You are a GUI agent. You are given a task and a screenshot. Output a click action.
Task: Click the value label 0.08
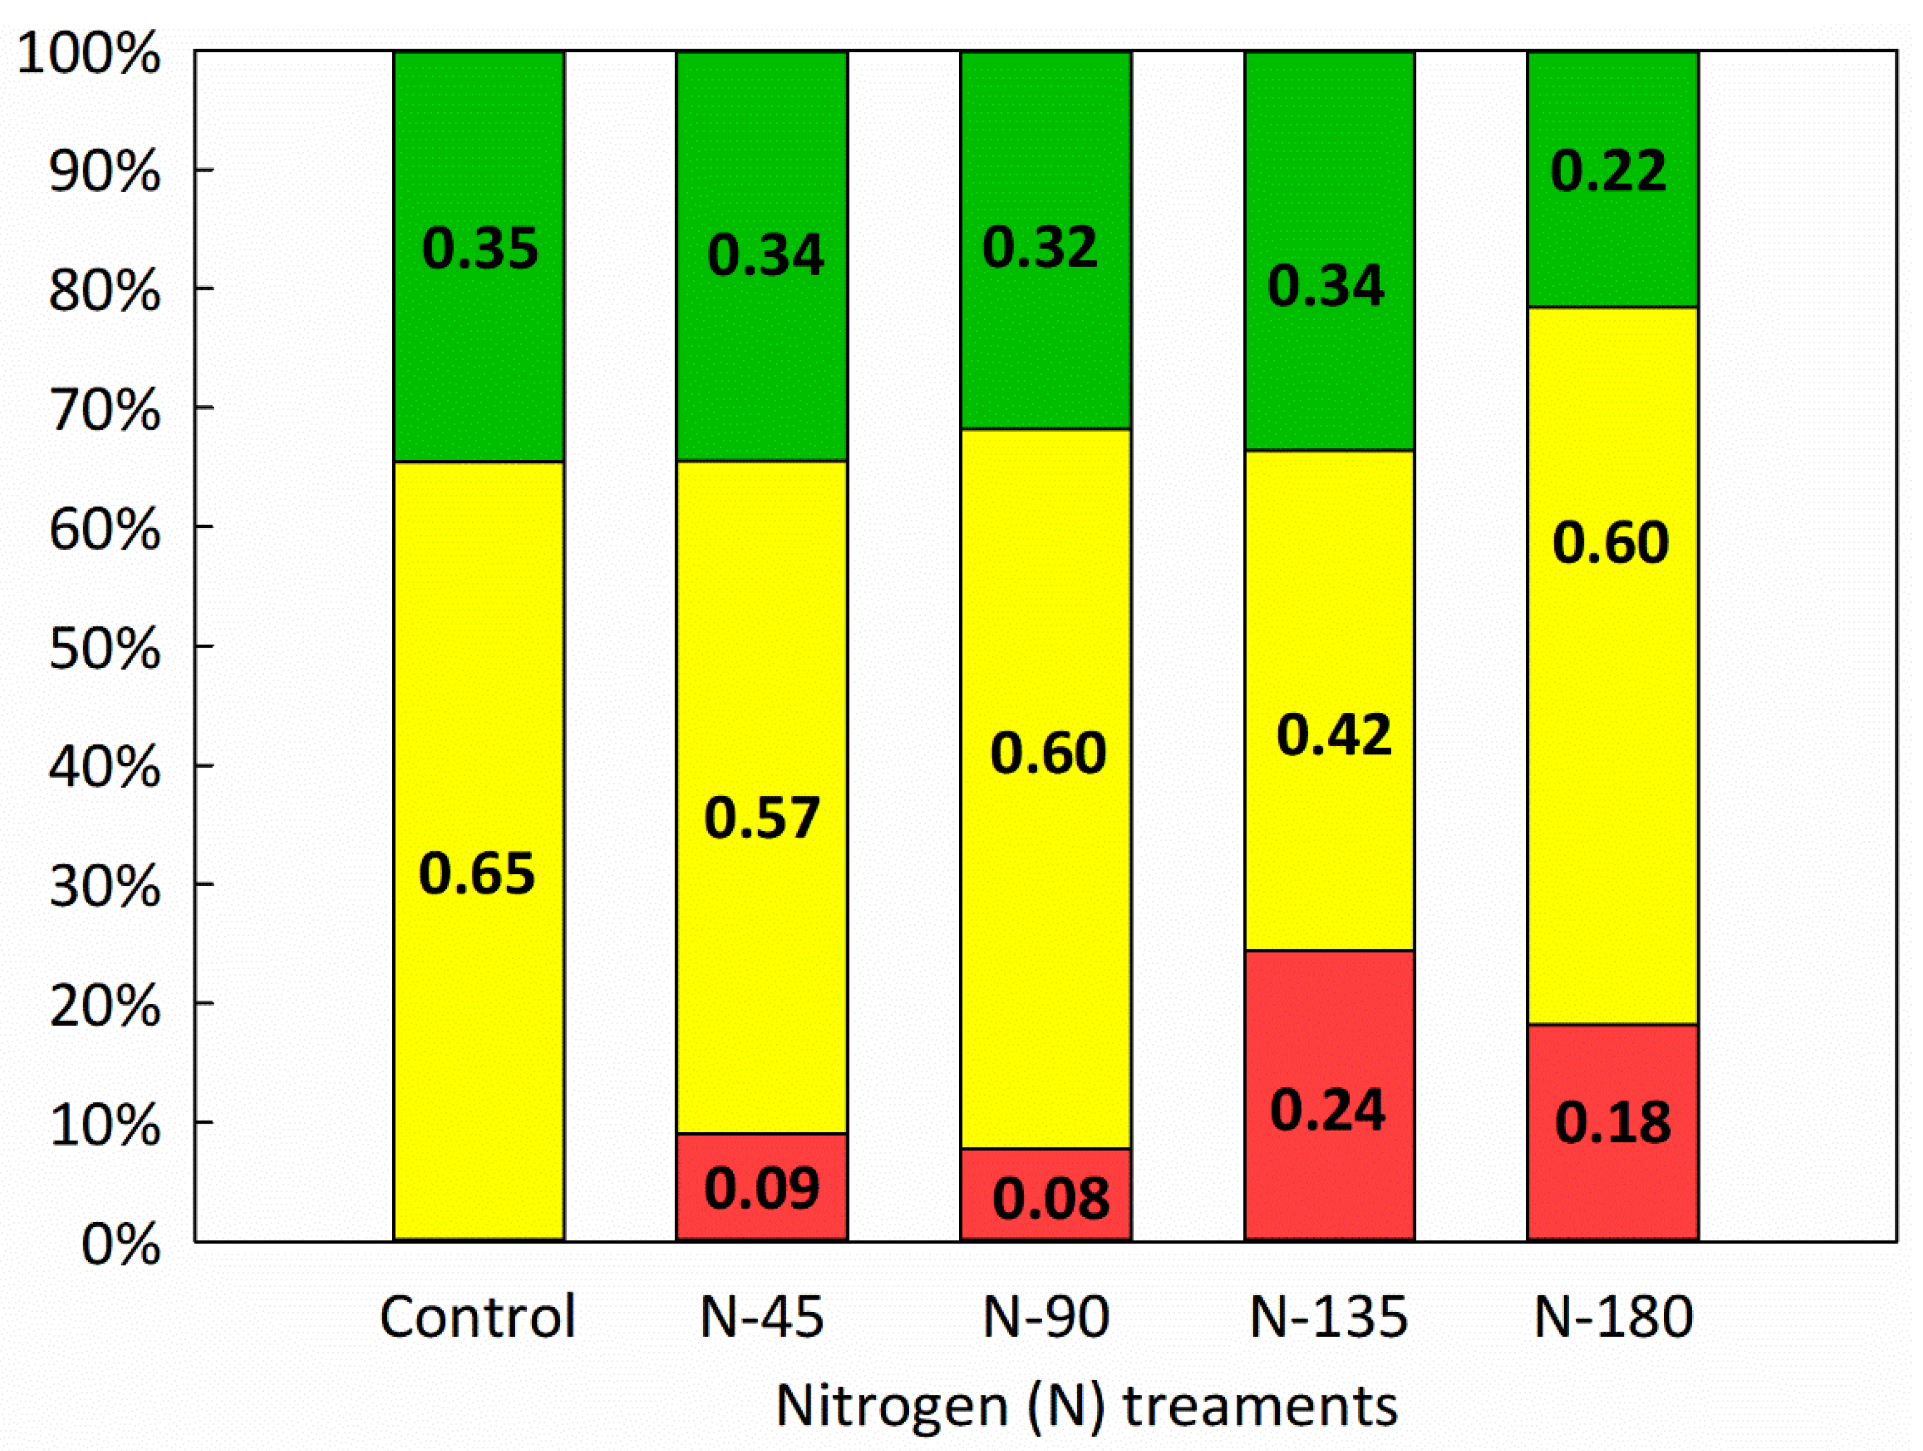click(1051, 1198)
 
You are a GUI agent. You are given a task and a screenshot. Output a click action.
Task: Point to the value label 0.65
click(477, 874)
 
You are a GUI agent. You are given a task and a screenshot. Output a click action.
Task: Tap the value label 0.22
click(1609, 171)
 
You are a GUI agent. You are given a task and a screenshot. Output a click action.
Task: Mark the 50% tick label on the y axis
click(104, 649)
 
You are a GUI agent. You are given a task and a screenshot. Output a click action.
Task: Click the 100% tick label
click(89, 54)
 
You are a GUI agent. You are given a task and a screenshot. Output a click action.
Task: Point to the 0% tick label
click(120, 1245)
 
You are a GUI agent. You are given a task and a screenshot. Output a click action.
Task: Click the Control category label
click(477, 1316)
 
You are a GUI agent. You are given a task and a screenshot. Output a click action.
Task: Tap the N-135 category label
click(1328, 1316)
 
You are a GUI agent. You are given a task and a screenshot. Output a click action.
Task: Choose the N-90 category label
click(1046, 1316)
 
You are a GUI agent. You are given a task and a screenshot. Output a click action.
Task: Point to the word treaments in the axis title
click(1261, 1406)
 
